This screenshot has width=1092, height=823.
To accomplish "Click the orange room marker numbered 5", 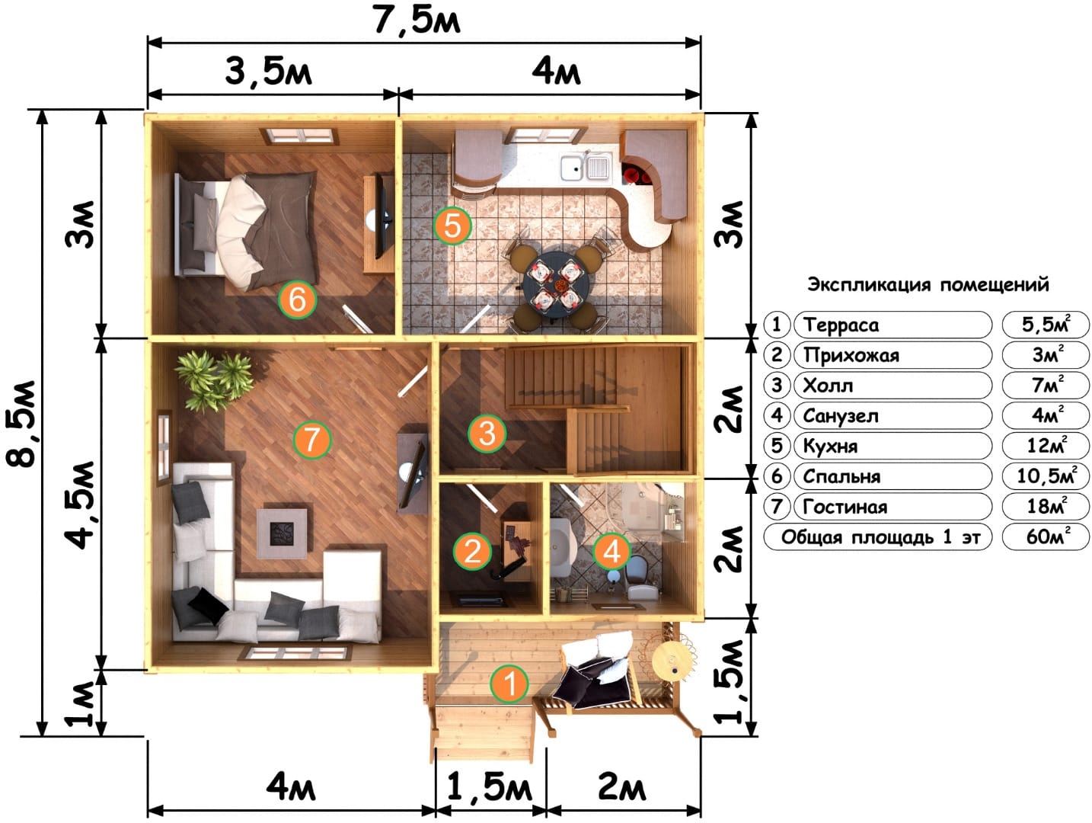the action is coord(452,226).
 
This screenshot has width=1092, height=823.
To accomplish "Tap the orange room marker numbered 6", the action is coord(297,299).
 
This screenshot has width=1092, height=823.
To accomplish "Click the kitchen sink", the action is coord(586,167).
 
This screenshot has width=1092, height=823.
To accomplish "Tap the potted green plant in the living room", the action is coord(214,380).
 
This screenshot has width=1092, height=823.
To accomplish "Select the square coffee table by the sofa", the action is coord(282,533).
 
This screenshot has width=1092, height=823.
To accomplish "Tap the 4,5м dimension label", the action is coord(80,505).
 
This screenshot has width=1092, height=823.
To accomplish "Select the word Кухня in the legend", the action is coord(830,446).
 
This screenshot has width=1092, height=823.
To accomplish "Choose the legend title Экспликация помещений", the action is coord(928,285).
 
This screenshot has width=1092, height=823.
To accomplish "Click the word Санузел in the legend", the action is coord(841,416).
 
